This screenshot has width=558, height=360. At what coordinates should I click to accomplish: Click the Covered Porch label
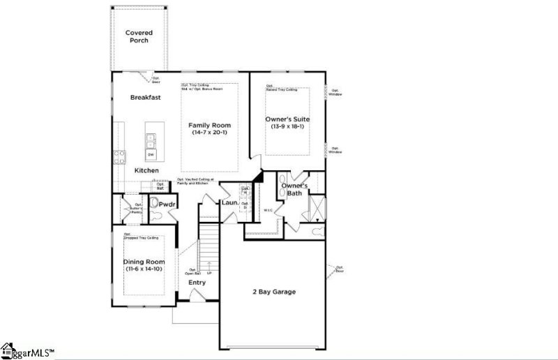click(x=139, y=36)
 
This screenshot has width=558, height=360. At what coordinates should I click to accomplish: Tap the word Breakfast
click(x=145, y=98)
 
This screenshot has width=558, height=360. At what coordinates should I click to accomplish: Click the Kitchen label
click(x=146, y=171)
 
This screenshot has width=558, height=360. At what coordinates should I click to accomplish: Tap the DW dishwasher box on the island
click(x=151, y=153)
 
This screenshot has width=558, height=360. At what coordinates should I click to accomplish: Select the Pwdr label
click(x=166, y=204)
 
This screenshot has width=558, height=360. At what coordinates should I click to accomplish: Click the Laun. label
click(x=230, y=203)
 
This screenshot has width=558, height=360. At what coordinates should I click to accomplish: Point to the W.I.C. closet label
click(x=267, y=210)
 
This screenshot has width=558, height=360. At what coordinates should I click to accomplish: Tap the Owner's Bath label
click(x=299, y=190)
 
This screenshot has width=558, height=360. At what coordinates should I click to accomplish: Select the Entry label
click(x=197, y=283)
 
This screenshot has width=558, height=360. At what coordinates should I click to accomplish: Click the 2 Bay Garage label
click(x=273, y=292)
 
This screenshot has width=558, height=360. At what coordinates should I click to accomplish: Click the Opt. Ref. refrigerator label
click(x=160, y=187)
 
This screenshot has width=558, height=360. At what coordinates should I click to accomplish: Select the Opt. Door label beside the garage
click(x=340, y=269)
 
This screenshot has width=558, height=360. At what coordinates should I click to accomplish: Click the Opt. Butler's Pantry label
click(x=135, y=208)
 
